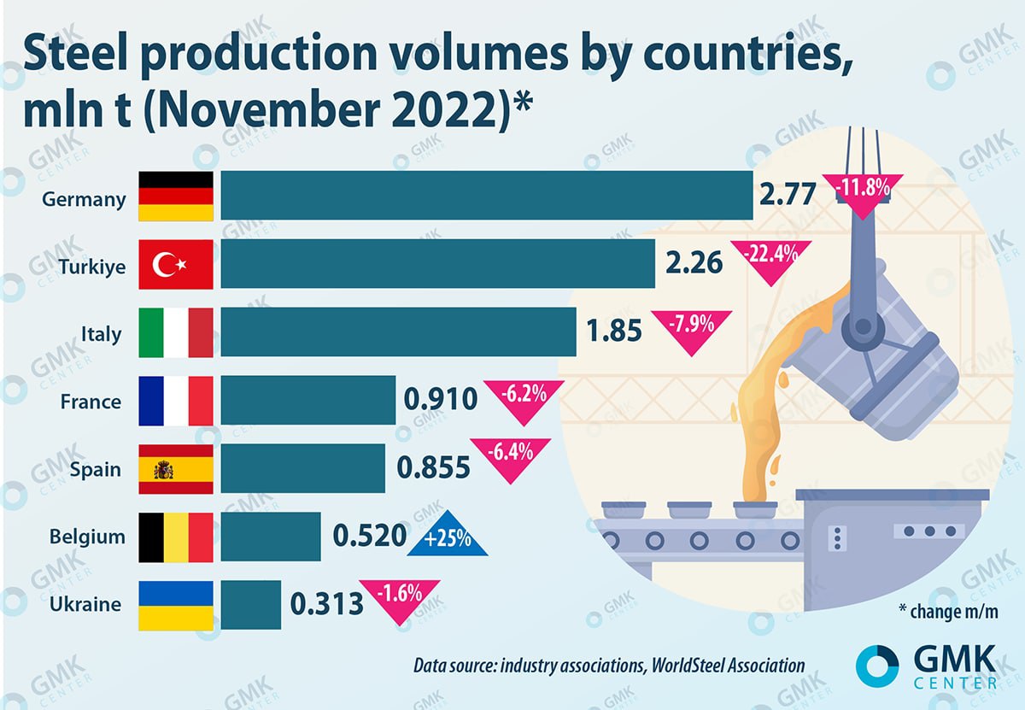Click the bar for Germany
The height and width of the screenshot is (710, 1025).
point(487,195)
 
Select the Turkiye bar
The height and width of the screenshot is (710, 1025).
point(437,263)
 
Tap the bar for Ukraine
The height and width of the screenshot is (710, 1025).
point(250,605)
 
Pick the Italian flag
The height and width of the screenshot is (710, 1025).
point(176,332)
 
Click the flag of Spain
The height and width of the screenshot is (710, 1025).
point(176,469)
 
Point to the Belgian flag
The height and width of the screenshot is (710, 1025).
point(176,537)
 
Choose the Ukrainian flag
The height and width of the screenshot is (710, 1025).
point(176,605)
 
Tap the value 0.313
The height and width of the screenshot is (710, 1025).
point(326,605)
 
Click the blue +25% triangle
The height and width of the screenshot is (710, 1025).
point(447,539)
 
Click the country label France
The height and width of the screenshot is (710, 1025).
point(91,401)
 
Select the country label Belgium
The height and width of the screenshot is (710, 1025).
point(86,537)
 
